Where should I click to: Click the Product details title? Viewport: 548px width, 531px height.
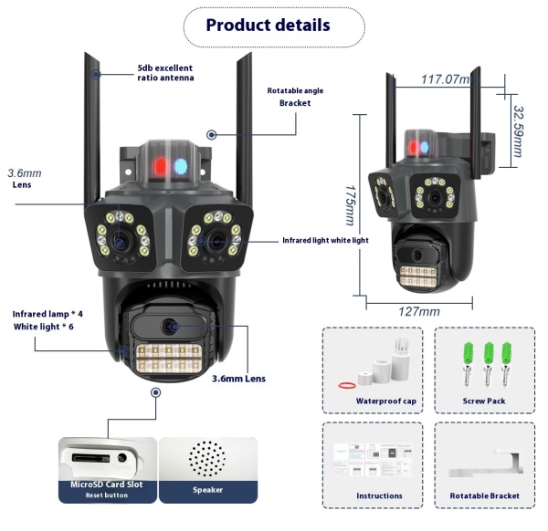(x=268, y=25)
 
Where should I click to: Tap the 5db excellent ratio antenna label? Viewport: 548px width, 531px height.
(x=165, y=72)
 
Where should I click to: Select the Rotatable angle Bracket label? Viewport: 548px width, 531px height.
(x=295, y=97)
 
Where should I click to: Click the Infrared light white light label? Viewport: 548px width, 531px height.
(x=324, y=241)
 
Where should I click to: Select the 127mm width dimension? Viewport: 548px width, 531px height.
(x=419, y=311)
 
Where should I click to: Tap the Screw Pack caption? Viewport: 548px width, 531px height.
(x=483, y=401)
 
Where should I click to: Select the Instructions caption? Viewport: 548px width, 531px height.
(x=379, y=495)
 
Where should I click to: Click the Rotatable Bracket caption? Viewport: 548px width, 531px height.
(x=485, y=495)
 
